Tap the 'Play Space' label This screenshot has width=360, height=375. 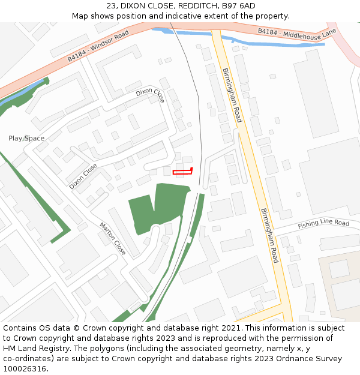(26, 139)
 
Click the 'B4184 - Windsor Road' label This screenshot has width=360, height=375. (98, 46)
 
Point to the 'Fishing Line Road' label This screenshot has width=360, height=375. (323, 224)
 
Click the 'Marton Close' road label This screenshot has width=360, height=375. (113, 239)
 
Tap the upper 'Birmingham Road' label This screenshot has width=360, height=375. (232, 95)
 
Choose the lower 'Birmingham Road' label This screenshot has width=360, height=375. (270, 236)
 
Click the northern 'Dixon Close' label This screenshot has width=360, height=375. (150, 94)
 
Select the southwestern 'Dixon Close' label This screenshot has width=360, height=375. (83, 176)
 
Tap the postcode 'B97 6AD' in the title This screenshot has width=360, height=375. (239, 6)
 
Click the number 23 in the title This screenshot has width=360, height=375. (111, 6)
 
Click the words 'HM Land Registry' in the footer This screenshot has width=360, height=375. (38, 349)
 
